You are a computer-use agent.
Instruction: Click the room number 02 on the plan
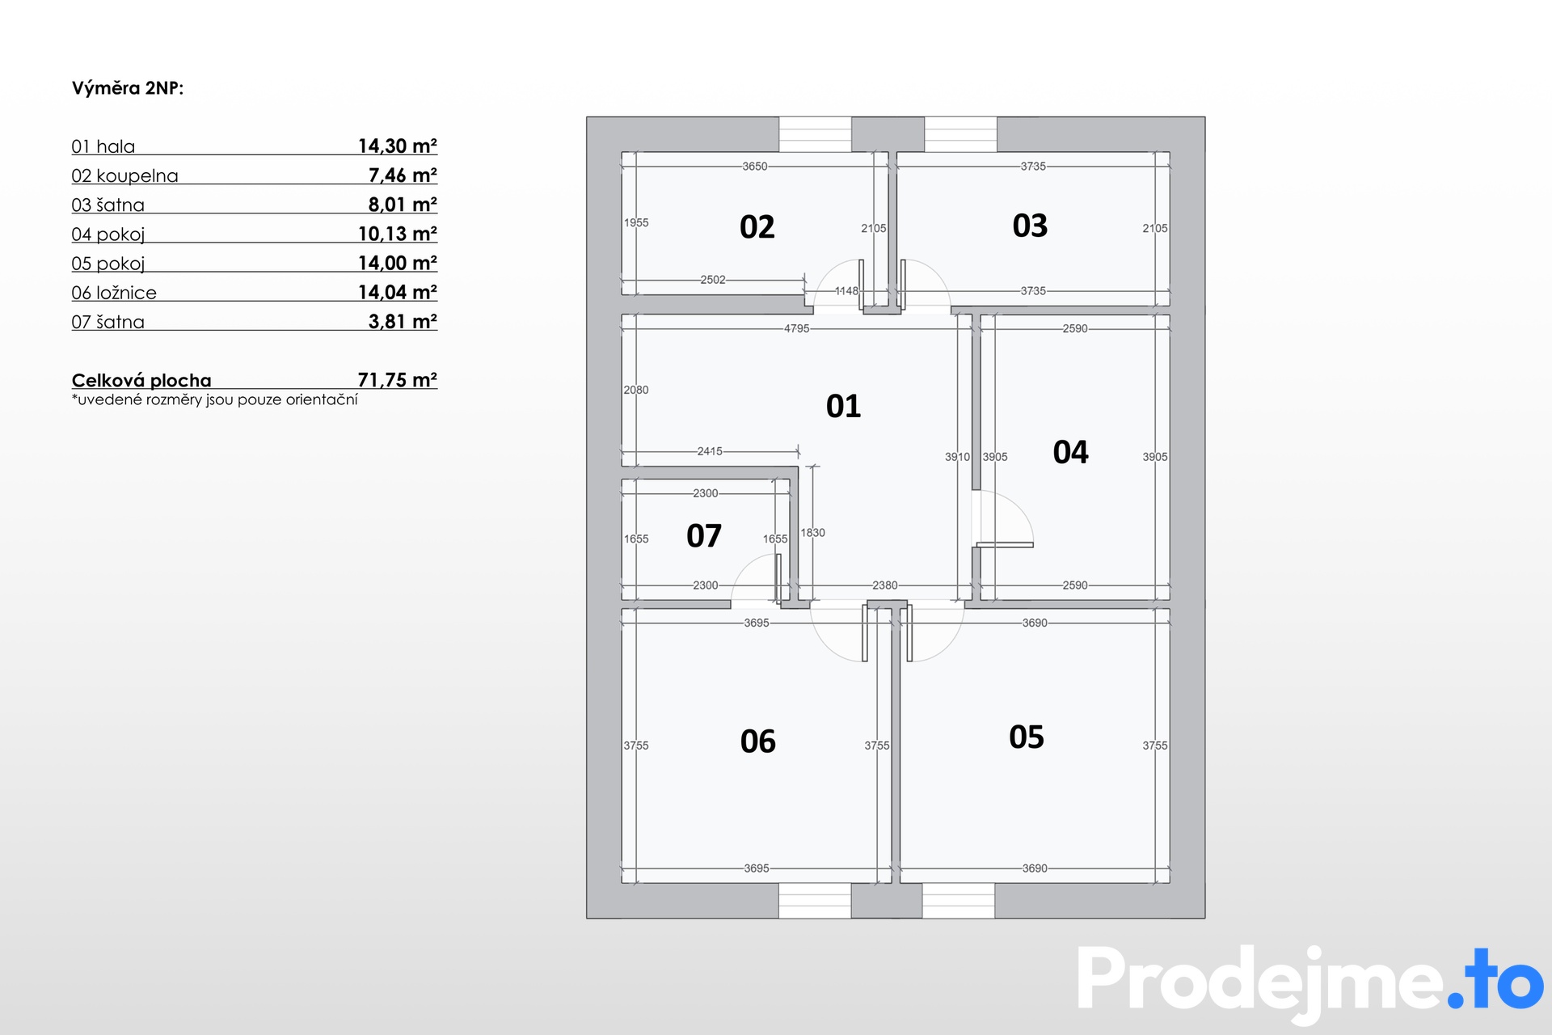(757, 227)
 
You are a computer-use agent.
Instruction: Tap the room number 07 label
(704, 536)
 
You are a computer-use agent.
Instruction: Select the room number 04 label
(1071, 452)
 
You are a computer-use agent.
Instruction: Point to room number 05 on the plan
(1027, 737)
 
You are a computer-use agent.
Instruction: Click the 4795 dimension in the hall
(796, 328)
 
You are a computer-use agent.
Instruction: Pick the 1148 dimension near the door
(846, 291)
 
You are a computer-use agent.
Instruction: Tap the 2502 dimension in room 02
(713, 280)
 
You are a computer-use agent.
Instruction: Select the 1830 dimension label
(812, 533)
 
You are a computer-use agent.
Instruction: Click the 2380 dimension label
(884, 585)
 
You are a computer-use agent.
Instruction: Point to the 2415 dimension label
(710, 451)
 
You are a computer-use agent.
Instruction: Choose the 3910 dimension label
(957, 457)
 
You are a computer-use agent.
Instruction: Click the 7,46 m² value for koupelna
(403, 175)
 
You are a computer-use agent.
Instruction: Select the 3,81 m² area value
(403, 322)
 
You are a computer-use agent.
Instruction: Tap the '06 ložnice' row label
(114, 293)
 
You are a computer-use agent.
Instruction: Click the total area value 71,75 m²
(398, 380)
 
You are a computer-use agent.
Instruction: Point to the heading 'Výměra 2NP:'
(128, 88)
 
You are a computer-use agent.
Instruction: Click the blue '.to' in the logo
(1495, 979)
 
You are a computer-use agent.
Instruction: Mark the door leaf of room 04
(1005, 545)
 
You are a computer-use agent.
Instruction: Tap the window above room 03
(960, 134)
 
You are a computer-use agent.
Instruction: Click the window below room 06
(815, 901)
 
